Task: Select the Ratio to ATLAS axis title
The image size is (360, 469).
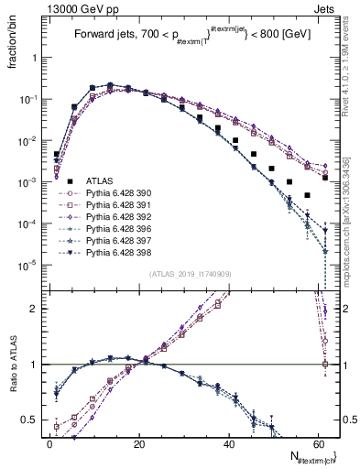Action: [x=12, y=366]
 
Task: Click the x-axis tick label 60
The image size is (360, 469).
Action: [x=315, y=442]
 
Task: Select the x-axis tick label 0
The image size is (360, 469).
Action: [x=49, y=442]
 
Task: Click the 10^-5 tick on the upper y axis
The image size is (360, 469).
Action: [x=30, y=266]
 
